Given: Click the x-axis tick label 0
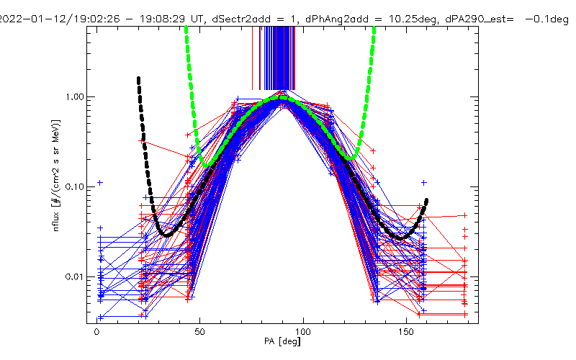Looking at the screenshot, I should click(96, 333).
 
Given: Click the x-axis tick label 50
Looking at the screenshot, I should click(200, 333).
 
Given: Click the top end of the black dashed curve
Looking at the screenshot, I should click(138, 78).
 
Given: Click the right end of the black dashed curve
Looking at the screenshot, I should click(427, 200).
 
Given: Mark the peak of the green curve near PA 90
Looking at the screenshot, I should click(282, 98).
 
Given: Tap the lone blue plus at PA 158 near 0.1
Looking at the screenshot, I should click(424, 183).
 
